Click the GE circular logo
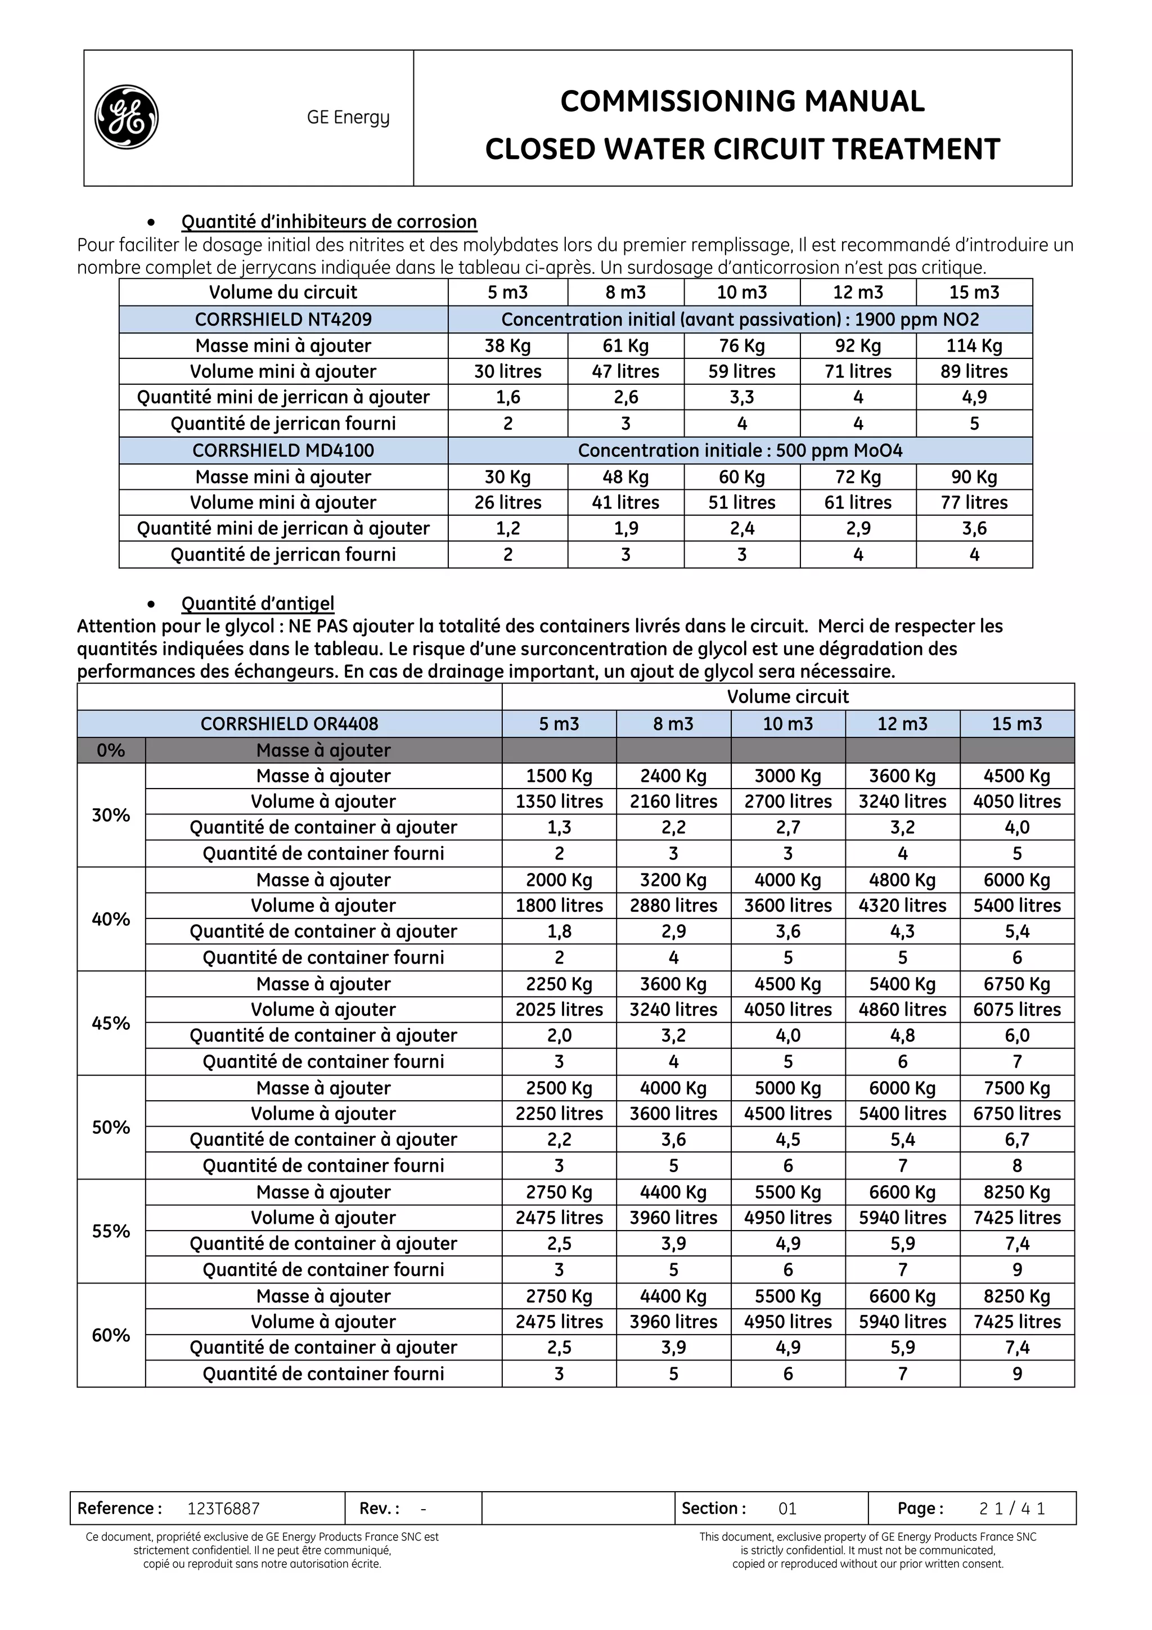click(127, 117)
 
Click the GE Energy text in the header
click(348, 117)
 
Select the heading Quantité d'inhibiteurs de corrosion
click(328, 222)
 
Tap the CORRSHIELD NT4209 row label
click(283, 319)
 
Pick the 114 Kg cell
click(974, 346)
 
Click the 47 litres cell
click(625, 371)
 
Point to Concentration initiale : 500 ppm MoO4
click(740, 451)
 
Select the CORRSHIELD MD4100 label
click(283, 451)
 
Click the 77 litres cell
click(974, 503)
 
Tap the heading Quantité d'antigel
click(258, 604)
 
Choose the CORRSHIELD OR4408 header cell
click(289, 723)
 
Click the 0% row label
click(111, 750)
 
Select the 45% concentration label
click(111, 1023)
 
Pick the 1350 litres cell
click(559, 802)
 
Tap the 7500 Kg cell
click(1016, 1088)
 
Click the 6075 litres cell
click(1016, 1010)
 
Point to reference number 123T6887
click(223, 1509)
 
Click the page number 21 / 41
click(1011, 1509)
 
